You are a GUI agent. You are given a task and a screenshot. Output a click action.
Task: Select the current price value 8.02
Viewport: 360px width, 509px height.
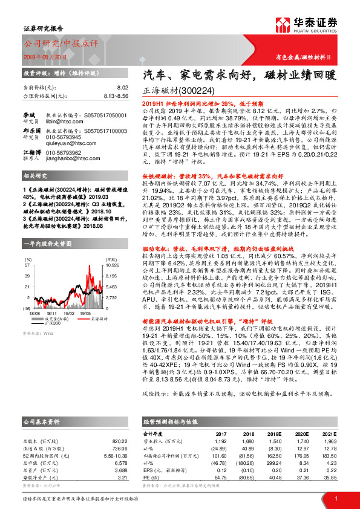coord(123,88)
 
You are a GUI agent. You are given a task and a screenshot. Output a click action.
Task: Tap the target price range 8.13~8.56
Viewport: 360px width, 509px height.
coord(116,96)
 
